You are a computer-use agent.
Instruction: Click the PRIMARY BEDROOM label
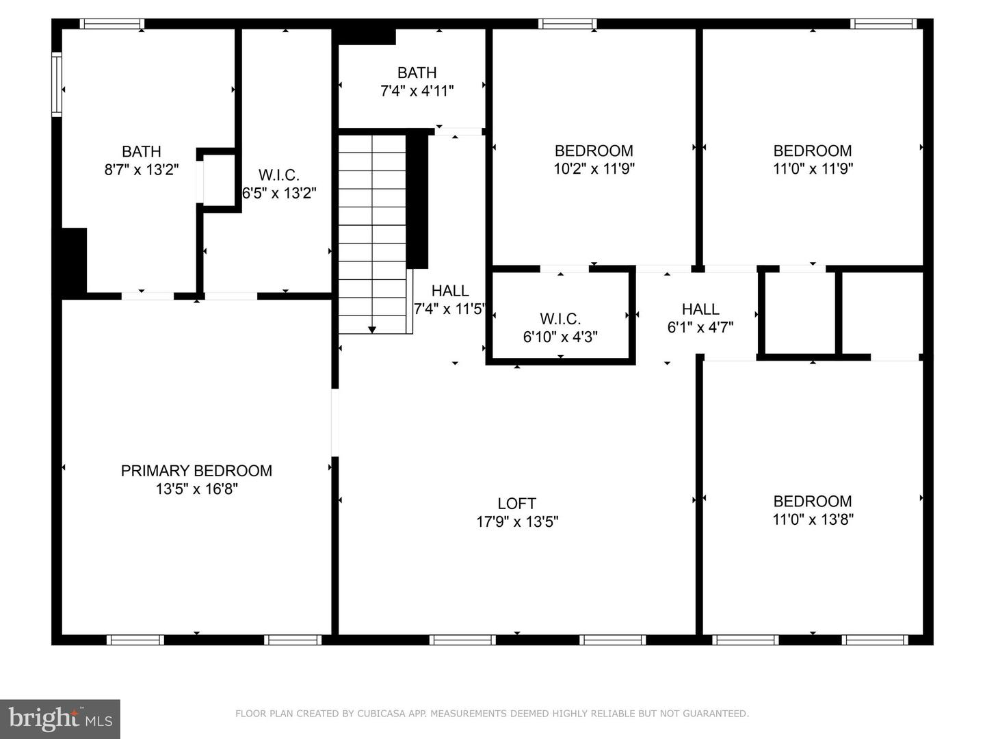[196, 471]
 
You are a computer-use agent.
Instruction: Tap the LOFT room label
[516, 504]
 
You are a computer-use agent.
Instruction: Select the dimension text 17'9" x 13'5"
[517, 521]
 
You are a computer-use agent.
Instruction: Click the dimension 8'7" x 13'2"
[142, 170]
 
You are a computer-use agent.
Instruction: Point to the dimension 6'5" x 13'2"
[279, 193]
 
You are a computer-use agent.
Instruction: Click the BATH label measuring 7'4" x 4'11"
[417, 73]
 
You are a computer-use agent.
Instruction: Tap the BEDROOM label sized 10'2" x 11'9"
[594, 151]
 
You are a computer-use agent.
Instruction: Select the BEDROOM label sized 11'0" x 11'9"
[813, 151]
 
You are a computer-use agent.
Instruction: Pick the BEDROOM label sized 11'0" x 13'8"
[813, 501]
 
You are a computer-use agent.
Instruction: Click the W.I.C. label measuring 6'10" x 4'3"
[560, 319]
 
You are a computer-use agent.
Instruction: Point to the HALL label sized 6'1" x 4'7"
[700, 309]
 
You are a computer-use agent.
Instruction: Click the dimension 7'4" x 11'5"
[449, 309]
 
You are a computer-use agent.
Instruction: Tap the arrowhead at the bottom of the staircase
[372, 330]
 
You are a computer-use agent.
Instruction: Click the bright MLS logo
[60, 718]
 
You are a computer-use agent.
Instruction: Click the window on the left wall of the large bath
[57, 85]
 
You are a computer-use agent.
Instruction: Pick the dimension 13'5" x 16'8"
[196, 489]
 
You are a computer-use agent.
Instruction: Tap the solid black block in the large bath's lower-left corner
[74, 261]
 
